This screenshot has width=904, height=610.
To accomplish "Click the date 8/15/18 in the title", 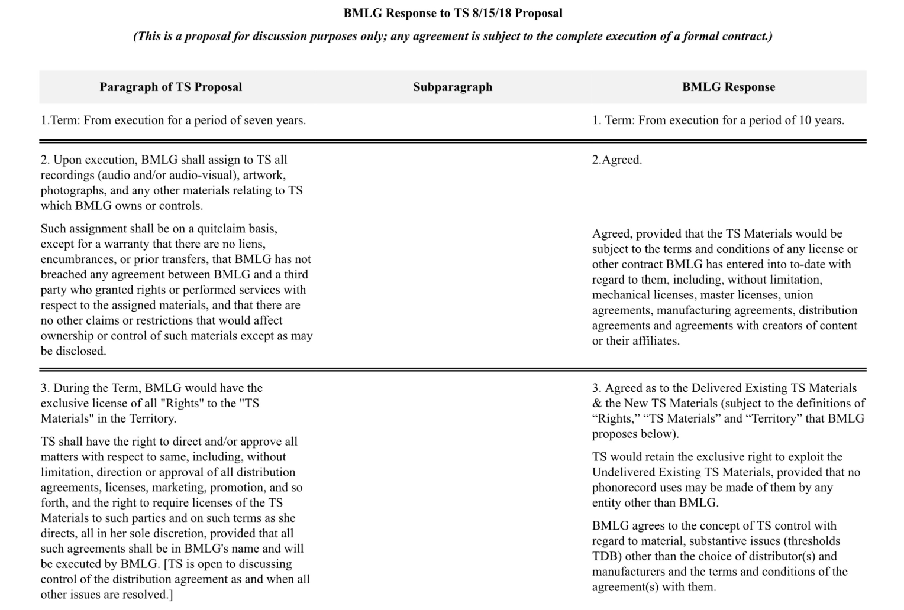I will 492,13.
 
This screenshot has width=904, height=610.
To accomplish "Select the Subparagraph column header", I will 453,87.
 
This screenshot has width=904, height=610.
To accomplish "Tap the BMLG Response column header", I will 728,87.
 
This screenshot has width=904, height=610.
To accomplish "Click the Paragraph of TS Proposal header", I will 170,87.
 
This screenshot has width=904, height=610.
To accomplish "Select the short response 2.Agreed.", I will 617,160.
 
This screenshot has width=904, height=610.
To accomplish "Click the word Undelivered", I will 624,472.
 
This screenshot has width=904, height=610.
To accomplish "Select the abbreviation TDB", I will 605,556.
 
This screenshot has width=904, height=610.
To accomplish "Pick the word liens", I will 253,244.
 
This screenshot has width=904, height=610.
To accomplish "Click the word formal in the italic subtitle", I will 700,36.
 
